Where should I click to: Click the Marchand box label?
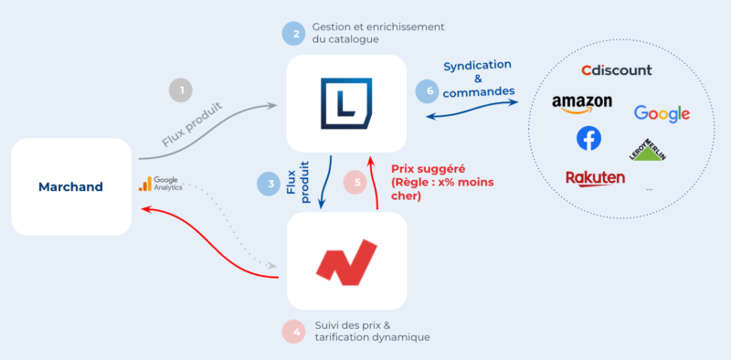tap(70, 187)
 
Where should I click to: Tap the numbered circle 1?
tap(182, 90)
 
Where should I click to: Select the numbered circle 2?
tap(294, 34)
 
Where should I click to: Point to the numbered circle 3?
tap(269, 184)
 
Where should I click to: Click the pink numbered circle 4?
tap(293, 329)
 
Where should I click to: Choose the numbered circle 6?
tap(426, 91)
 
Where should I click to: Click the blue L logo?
tap(346, 104)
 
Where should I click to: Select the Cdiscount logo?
tap(617, 70)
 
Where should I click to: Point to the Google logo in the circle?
tap(662, 114)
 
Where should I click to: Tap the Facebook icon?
tap(589, 139)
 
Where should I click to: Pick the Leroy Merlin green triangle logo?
tap(648, 150)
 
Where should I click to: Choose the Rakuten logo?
tap(595, 177)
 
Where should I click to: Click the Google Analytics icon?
tap(143, 184)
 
